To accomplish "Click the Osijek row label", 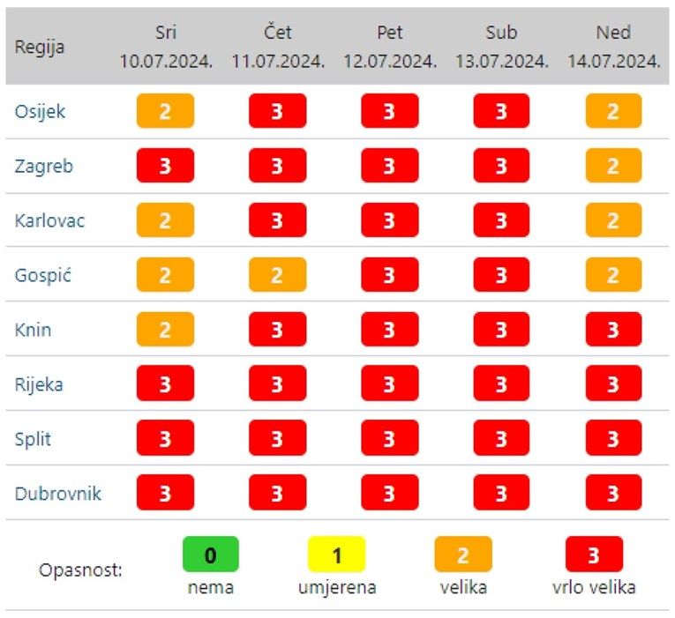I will pos(40,112).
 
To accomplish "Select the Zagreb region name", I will pos(43,167).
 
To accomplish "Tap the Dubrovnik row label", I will pos(57,493).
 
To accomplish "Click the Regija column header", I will pos(40,47).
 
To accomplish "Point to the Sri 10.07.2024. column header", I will pos(166,47).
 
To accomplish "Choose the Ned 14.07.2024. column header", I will pos(613,47).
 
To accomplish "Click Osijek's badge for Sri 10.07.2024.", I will pos(165,112).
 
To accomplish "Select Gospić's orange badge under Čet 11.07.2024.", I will pos(277,275).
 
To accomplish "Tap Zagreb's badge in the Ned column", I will pos(613,167).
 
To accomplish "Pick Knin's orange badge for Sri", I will pos(165,330).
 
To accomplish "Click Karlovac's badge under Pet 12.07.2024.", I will pos(389,220).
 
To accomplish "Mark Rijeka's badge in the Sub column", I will pos(501,384).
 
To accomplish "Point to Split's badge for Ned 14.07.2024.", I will pos(613,439).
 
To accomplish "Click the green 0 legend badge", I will pos(210,555).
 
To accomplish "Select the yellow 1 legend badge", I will pos(336,555).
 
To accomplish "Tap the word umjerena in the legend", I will pos(336,587).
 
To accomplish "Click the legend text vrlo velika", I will pos(594,587).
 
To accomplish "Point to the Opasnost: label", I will pos(80,570).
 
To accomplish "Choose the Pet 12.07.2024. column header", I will pos(389,47).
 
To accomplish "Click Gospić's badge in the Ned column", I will pos(613,275).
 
